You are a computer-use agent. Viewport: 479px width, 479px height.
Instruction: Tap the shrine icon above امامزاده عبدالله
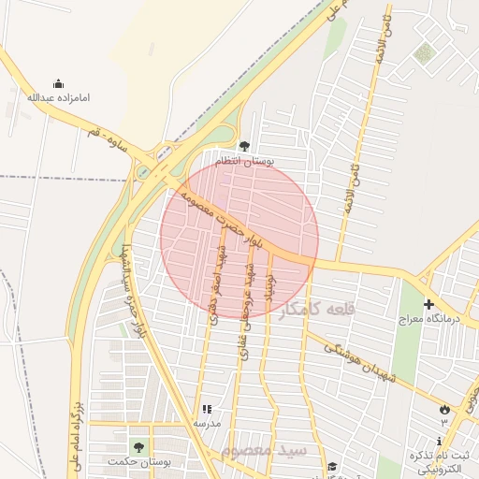[58, 83]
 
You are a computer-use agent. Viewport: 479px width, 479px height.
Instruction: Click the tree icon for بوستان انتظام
[244, 146]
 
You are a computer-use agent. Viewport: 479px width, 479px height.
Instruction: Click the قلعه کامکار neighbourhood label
[318, 309]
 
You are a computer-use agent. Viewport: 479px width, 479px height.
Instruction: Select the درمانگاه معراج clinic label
[428, 319]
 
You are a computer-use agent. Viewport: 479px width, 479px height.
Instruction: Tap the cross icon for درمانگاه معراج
[428, 304]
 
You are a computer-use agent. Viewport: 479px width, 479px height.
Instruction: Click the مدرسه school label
[207, 424]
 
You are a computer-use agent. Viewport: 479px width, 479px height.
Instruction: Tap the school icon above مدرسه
[207, 409]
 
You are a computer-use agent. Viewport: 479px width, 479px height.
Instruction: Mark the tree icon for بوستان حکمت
[139, 447]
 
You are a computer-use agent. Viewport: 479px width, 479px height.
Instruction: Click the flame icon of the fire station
[443, 409]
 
